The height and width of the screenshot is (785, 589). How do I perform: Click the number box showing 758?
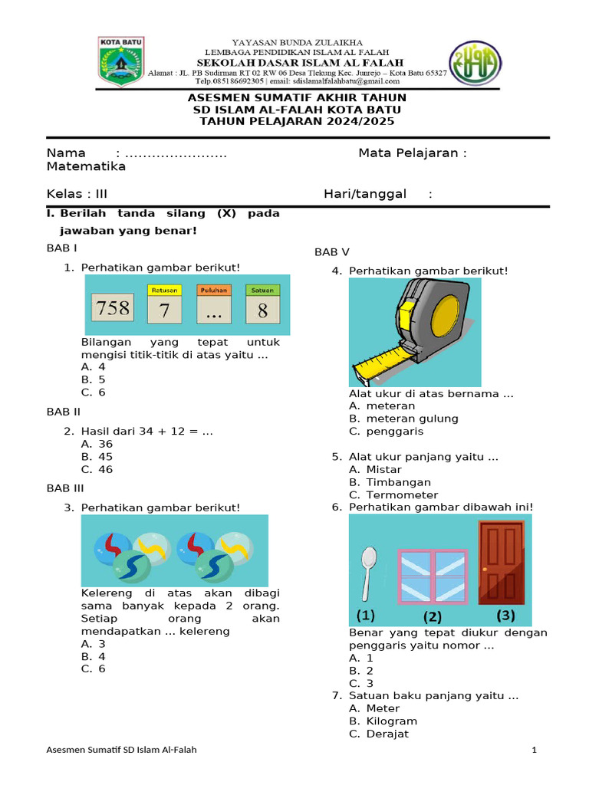[x=112, y=309]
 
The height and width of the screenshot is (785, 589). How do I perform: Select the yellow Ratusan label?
[x=164, y=291]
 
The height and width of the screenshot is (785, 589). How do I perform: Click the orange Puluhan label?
[x=214, y=291]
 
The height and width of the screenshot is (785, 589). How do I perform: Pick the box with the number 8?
[x=263, y=310]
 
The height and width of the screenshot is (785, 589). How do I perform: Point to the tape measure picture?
[x=414, y=331]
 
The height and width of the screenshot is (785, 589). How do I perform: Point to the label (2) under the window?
[x=433, y=616]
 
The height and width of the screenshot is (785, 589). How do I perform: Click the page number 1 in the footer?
[x=534, y=750]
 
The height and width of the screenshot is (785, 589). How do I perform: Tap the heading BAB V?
[x=332, y=251]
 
